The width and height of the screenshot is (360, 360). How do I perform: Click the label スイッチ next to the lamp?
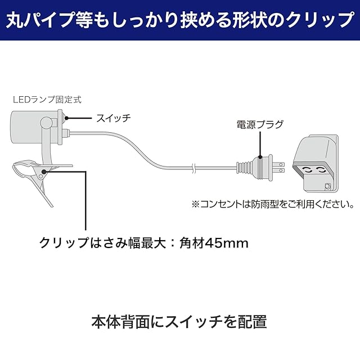pos(113,118)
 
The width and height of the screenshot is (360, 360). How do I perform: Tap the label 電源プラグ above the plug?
pos(260,125)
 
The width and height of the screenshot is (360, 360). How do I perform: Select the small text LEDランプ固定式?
pos(47,100)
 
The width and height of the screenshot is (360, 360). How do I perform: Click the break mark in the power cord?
pos(193,167)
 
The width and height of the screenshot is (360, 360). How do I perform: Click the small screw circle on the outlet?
pos(327,185)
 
